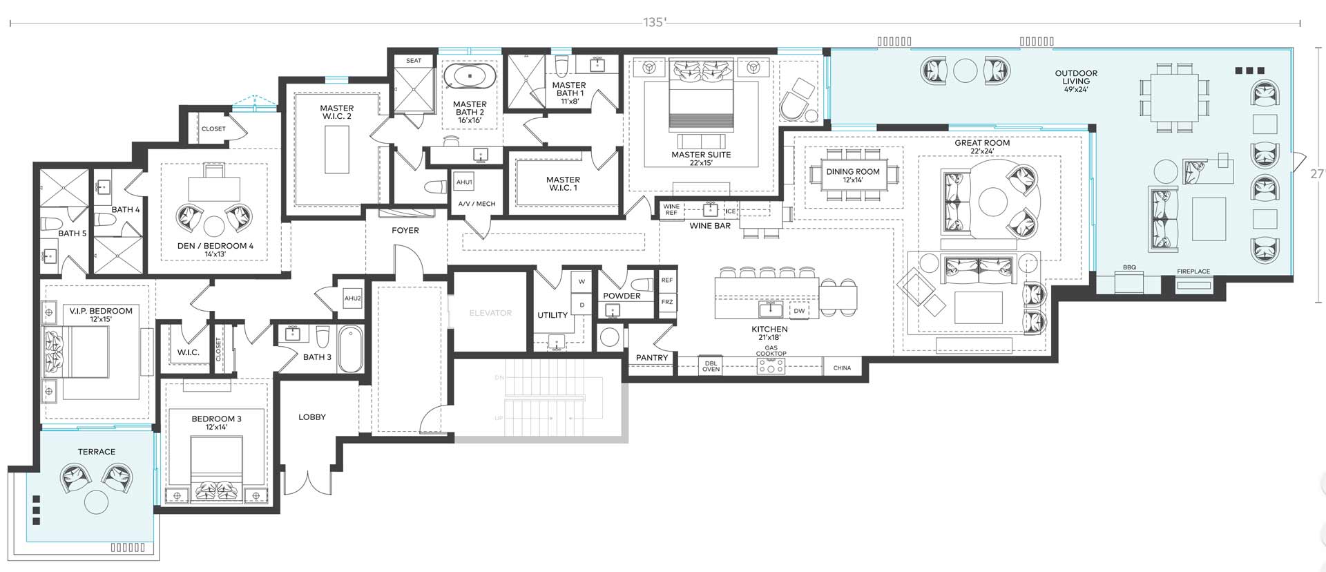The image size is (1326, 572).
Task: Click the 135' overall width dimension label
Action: tap(654, 22)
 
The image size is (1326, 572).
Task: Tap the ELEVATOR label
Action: tap(490, 313)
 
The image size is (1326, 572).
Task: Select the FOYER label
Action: tap(405, 231)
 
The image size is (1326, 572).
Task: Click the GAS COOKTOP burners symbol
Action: tap(771, 365)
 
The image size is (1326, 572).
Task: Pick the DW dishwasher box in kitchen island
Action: tap(799, 311)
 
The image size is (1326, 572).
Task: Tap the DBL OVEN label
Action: tap(711, 365)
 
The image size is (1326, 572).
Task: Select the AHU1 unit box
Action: tap(464, 182)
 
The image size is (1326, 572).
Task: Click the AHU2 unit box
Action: tap(352, 298)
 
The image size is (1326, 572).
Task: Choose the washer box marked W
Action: tap(582, 281)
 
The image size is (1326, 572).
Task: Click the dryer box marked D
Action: tap(582, 305)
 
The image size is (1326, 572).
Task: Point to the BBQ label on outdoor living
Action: tap(1129, 267)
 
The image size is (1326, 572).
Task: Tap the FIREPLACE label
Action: tap(1193, 271)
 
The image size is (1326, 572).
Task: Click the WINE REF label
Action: tap(671, 209)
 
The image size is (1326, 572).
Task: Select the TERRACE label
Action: tap(97, 452)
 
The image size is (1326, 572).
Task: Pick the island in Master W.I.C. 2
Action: tap(337, 150)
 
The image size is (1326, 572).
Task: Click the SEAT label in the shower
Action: tap(414, 61)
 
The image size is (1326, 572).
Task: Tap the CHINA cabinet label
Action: tap(842, 368)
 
